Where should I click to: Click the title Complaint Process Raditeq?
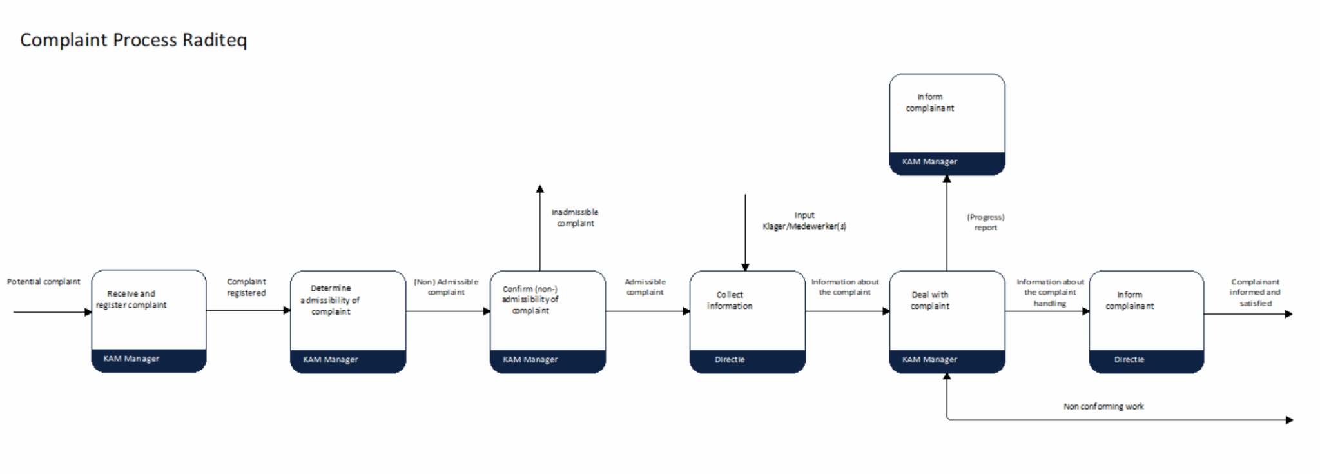click(x=133, y=40)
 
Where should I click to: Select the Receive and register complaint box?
click(x=149, y=321)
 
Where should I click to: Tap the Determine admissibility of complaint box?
click(x=348, y=322)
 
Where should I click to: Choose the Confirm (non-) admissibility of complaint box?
click(x=548, y=322)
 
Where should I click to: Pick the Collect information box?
click(x=748, y=322)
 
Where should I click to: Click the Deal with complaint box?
click(x=947, y=322)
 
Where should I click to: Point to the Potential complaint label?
click(x=44, y=282)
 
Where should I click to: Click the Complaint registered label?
click(x=246, y=288)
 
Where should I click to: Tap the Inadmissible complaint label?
click(x=575, y=218)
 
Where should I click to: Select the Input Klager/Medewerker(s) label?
click(x=804, y=221)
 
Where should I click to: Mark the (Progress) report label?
click(x=985, y=222)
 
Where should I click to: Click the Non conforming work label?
click(x=1103, y=406)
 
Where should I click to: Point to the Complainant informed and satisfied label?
click(x=1255, y=292)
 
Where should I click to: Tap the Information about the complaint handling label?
click(x=1051, y=292)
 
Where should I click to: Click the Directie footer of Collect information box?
click(x=748, y=360)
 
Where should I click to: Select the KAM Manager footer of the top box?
click(x=947, y=163)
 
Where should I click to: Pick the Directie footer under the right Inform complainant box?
click(x=1147, y=360)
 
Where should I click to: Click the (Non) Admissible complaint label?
click(x=446, y=287)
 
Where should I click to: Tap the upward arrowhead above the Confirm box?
click(x=540, y=189)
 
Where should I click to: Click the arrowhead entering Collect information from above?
click(x=745, y=267)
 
